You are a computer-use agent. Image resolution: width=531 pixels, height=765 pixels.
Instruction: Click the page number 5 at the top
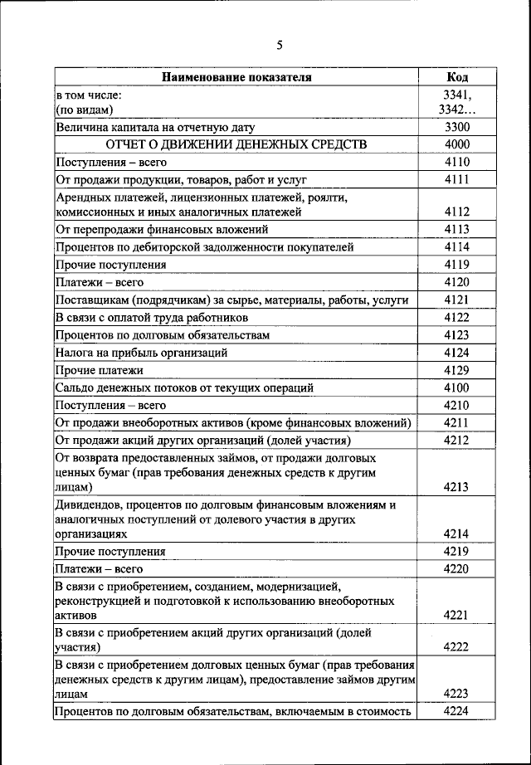point(279,45)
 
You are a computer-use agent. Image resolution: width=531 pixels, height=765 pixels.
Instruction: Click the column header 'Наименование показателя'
point(236,77)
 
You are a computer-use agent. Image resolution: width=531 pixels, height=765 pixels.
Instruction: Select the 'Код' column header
point(456,77)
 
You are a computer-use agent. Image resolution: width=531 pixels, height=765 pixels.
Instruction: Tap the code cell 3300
point(456,128)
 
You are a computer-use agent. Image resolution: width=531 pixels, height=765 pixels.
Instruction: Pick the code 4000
point(456,144)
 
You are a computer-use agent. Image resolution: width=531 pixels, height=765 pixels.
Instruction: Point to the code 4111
point(456,179)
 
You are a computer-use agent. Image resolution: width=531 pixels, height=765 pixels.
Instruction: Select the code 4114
point(456,246)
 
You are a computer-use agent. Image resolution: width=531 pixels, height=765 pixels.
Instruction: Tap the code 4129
point(456,370)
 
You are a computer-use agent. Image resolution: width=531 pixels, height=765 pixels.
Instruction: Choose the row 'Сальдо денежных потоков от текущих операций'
point(184,387)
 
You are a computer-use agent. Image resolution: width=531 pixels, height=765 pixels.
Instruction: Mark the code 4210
point(456,405)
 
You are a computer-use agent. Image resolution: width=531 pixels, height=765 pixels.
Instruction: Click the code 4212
point(456,440)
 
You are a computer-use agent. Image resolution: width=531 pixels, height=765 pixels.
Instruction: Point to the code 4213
point(456,487)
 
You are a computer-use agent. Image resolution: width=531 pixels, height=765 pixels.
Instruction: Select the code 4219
point(456,551)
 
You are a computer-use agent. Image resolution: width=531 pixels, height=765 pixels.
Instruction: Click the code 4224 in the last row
point(456,711)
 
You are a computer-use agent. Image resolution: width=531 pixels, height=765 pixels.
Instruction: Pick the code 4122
point(456,317)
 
